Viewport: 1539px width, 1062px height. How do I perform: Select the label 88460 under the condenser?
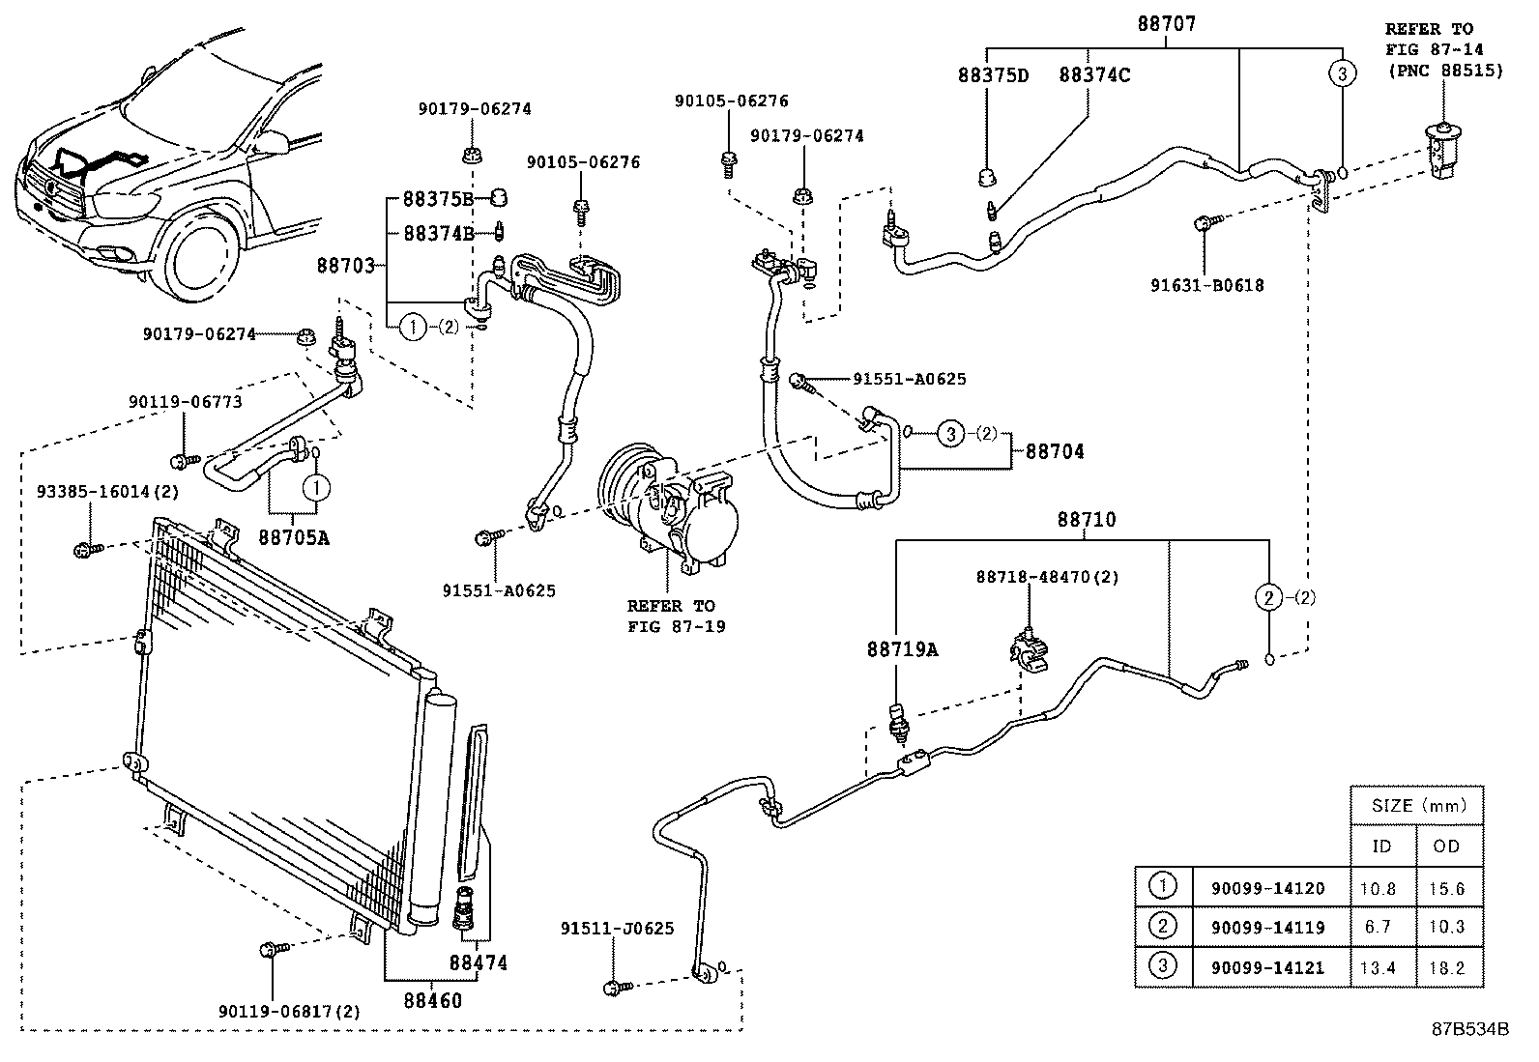432,1000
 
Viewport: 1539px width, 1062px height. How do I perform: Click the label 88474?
478,962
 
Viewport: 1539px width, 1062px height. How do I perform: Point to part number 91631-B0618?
1206,285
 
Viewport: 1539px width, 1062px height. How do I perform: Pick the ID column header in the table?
1382,847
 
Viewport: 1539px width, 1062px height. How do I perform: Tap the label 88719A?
901,649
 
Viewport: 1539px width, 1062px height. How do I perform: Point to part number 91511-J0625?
617,929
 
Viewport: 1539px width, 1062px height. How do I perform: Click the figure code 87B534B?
1469,1029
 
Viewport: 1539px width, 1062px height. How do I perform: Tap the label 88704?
1055,451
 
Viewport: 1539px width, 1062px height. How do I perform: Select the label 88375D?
993,74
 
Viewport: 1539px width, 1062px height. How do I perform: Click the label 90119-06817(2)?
288,1011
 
